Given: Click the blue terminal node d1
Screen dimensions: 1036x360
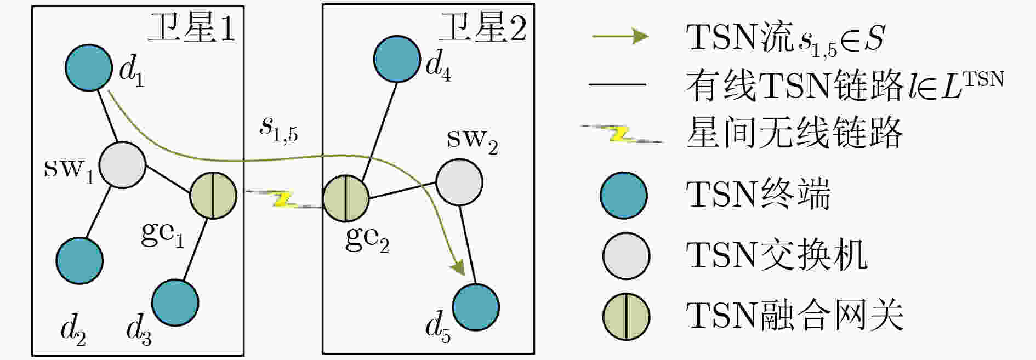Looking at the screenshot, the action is tap(89, 67).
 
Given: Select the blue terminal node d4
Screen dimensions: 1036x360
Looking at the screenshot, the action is tap(397, 59).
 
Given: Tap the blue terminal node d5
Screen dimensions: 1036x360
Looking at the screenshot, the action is tap(476, 307).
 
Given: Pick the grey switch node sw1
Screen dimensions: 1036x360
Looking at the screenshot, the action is tap(122, 165).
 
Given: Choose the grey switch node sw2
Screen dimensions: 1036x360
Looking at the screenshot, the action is tap(459, 182).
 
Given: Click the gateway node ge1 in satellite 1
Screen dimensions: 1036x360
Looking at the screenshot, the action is tap(213, 196).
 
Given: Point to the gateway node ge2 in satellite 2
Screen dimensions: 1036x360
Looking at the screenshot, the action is tap(346, 198).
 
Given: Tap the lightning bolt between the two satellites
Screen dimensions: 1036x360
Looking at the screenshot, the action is tap(284, 199).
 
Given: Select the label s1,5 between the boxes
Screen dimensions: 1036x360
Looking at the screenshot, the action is tap(278, 129).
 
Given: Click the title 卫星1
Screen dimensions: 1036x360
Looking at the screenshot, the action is tap(192, 27).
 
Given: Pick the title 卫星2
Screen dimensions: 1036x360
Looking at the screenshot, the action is tap(482, 27).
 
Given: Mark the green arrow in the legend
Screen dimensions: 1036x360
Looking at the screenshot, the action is tap(621, 37).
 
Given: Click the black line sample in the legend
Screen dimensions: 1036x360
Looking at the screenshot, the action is tap(617, 85).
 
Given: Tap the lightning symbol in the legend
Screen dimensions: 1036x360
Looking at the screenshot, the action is tap(622, 134).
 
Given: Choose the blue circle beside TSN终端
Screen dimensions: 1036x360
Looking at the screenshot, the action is tap(624, 196).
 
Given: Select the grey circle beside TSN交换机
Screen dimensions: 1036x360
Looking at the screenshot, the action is tap(626, 256).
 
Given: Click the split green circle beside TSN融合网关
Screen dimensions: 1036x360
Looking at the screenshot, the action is tap(626, 317).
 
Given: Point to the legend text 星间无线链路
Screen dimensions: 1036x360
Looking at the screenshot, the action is tap(794, 133).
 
